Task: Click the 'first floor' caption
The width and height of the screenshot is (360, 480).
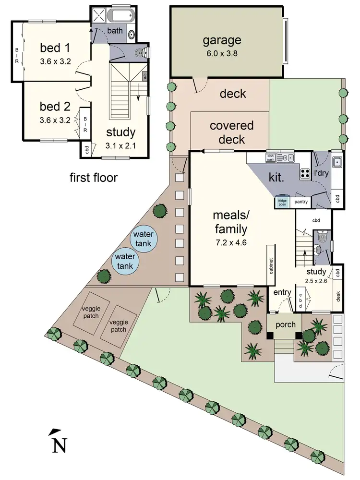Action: click(93, 178)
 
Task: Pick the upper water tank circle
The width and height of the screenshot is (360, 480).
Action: click(143, 238)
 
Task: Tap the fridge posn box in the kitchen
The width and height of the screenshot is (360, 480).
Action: click(282, 202)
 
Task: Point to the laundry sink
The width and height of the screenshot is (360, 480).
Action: click(337, 162)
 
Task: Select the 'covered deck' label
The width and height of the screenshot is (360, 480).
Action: click(232, 132)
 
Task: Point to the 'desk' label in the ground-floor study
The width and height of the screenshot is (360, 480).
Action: click(338, 296)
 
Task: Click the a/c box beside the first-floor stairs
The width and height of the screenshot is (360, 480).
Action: click(145, 75)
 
